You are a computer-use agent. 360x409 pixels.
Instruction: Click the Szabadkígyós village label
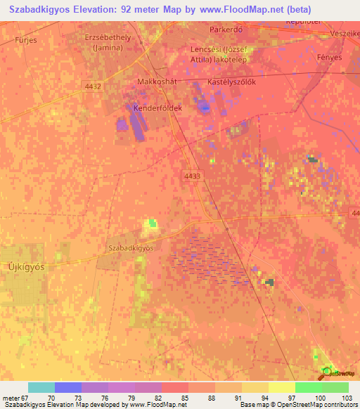coord(131,248)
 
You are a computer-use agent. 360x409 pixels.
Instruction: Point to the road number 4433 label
coord(194,176)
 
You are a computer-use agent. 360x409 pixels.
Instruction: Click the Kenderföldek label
coord(158,108)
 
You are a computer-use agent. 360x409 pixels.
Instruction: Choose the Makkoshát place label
coord(155,82)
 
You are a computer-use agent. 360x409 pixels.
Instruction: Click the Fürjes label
coord(26,41)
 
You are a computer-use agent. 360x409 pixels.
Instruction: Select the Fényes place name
coord(329,58)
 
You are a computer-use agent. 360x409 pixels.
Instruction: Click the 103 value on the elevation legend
coord(348,398)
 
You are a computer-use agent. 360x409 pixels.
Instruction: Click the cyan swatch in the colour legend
coord(41,387)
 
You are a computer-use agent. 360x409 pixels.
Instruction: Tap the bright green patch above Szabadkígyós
coord(151,224)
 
